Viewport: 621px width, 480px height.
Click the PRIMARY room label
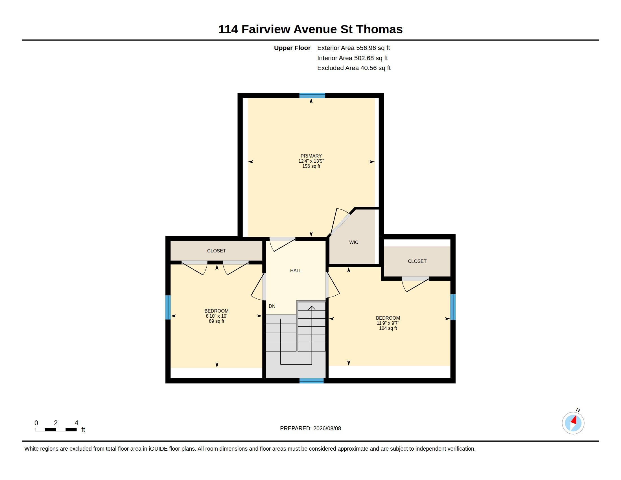(x=311, y=156)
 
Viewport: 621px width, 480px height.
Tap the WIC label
(x=354, y=242)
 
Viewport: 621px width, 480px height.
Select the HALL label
(x=296, y=270)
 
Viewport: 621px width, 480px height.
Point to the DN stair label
(x=272, y=306)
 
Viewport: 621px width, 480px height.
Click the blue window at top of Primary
(x=312, y=95)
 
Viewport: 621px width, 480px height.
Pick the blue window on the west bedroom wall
(x=168, y=307)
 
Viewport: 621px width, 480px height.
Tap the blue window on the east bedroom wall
(x=453, y=307)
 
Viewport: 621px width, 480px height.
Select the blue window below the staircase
(x=312, y=381)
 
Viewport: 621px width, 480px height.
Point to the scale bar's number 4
(x=76, y=423)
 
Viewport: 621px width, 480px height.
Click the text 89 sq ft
(x=217, y=321)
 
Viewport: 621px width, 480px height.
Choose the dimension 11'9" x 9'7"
(x=388, y=323)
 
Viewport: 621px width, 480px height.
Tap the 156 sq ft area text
(x=311, y=166)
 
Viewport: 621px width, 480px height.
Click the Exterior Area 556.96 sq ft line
(x=353, y=48)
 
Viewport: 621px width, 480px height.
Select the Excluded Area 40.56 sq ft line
(x=354, y=68)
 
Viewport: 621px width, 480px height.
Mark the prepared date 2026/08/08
(x=327, y=428)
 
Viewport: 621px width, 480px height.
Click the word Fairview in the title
(x=266, y=29)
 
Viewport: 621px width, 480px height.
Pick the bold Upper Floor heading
(x=292, y=48)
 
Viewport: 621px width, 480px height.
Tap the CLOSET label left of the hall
(x=217, y=251)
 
